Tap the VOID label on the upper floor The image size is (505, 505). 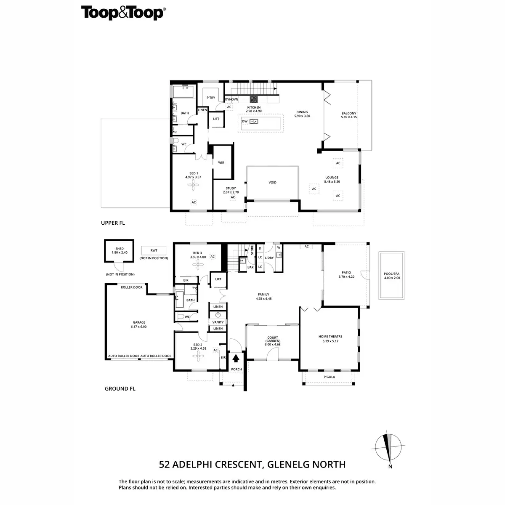[272, 182]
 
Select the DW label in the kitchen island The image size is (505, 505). [245, 121]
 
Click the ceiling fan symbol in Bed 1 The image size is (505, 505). [193, 185]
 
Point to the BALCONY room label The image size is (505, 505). [349, 113]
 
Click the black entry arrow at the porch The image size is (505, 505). [236, 359]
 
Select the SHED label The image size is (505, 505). [120, 249]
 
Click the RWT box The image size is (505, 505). [154, 250]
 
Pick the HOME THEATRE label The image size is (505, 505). [330, 337]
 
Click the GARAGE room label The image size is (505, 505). [139, 322]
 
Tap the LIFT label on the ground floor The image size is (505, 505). [218, 279]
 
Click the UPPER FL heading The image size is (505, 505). [113, 223]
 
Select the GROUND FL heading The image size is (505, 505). [120, 389]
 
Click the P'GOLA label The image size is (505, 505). [329, 377]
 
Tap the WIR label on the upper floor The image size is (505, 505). [221, 162]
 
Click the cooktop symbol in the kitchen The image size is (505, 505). [254, 99]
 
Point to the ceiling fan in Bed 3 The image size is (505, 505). [197, 264]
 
